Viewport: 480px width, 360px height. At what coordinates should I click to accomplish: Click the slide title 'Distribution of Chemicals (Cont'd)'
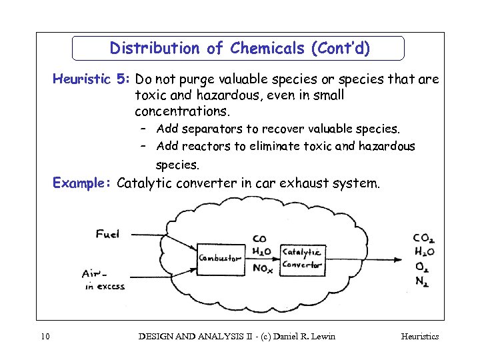click(x=240, y=49)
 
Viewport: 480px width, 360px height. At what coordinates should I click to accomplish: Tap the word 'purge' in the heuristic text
click(x=205, y=80)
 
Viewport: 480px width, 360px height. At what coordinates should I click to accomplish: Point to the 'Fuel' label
click(x=108, y=233)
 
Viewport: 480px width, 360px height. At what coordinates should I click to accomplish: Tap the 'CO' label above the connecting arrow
click(x=260, y=239)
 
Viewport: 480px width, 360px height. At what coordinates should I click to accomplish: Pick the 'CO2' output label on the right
click(x=425, y=238)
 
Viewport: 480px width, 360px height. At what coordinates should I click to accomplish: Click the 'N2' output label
click(x=422, y=281)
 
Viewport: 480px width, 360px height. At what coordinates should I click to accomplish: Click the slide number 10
click(x=45, y=337)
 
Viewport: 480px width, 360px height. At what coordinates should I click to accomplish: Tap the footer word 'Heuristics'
click(x=419, y=337)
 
